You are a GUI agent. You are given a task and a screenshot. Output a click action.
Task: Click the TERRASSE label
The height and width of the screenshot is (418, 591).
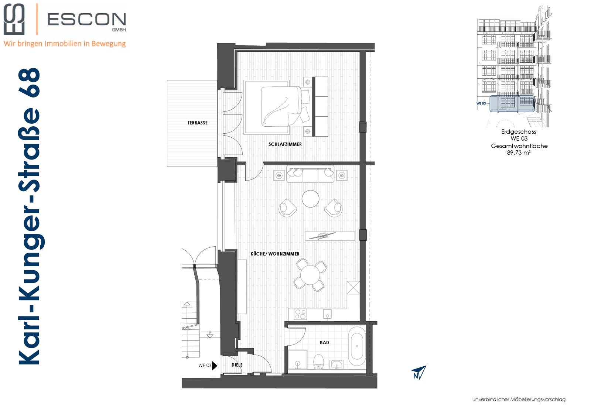click(x=197, y=123)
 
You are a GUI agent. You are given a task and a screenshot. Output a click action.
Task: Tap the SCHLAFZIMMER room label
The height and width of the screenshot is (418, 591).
click(x=285, y=144)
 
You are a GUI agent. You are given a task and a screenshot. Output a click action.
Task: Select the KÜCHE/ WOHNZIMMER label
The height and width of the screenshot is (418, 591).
click(x=275, y=254)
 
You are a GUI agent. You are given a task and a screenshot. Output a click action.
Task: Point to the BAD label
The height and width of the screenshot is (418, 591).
click(x=324, y=343)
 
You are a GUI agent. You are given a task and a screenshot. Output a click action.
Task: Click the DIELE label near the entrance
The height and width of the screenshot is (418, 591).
click(x=237, y=365)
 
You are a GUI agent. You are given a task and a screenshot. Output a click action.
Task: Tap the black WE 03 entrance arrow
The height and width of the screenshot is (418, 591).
click(x=215, y=366)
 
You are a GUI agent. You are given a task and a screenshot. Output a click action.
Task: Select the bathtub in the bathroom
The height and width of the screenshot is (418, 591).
click(x=357, y=346)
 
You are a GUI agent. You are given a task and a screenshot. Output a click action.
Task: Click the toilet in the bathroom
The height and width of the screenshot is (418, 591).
click(x=319, y=362)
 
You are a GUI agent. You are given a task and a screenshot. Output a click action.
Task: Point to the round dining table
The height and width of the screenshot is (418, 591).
click(x=310, y=275)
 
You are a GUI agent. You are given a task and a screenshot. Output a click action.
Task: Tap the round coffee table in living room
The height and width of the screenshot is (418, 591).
click(x=311, y=199)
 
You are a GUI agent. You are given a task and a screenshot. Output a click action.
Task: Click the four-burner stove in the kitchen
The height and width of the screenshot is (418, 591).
click(x=300, y=314)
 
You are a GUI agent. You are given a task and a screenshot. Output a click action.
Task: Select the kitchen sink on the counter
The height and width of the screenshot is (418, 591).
click(x=327, y=314)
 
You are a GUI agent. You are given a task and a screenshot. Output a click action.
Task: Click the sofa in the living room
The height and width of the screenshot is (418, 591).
click(x=310, y=174)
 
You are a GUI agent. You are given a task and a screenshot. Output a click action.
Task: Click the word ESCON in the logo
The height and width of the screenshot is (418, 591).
click(x=87, y=20)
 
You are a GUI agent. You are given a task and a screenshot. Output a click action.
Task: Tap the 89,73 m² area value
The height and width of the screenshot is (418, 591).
click(x=519, y=153)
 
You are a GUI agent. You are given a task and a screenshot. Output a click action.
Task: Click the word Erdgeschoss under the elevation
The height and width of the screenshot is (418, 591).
click(x=519, y=131)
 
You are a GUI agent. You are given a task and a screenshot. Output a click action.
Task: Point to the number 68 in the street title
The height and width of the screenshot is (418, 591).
click(x=29, y=83)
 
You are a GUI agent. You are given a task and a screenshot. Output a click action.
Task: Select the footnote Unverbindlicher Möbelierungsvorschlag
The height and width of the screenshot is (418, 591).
click(x=519, y=400)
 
